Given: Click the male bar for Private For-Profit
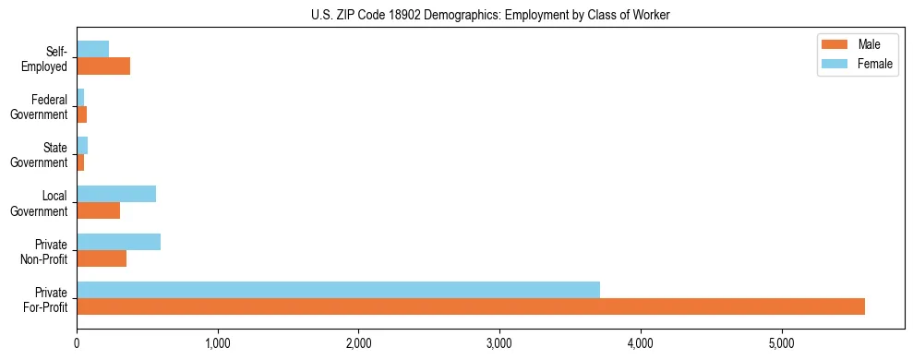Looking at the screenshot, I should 471,306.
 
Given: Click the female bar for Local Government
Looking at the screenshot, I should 116,194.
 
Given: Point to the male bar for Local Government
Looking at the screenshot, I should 98,210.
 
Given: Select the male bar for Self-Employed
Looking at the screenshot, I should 103,66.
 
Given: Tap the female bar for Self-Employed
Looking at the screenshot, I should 92,49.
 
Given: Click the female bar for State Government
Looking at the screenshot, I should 82,146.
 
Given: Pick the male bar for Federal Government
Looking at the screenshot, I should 81,114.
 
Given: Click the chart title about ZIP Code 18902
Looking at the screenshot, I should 490,14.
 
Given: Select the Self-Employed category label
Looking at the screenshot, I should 48,58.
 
